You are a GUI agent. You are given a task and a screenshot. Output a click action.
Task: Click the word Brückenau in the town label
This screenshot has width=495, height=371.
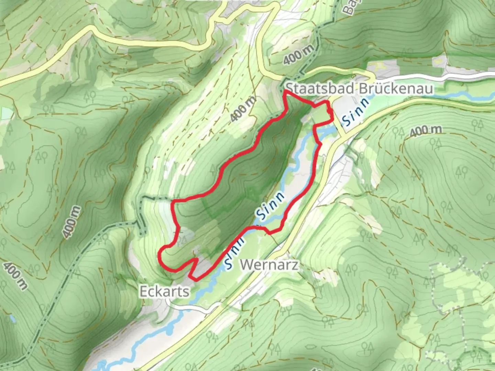396,89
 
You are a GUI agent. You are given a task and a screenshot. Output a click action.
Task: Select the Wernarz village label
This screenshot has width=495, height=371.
269,265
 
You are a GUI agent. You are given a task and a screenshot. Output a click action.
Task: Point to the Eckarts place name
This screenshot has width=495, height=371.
164,292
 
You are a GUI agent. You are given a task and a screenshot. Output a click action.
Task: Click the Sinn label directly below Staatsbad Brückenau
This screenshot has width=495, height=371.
356,111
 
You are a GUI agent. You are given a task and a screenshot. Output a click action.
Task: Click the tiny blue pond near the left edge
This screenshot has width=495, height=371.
13,319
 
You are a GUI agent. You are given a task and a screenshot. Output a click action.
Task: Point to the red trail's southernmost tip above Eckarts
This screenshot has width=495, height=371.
191,276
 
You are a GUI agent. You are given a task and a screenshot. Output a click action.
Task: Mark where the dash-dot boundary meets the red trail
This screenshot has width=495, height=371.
173,200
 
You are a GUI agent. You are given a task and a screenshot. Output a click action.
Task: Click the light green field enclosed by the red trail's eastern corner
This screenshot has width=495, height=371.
321,113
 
